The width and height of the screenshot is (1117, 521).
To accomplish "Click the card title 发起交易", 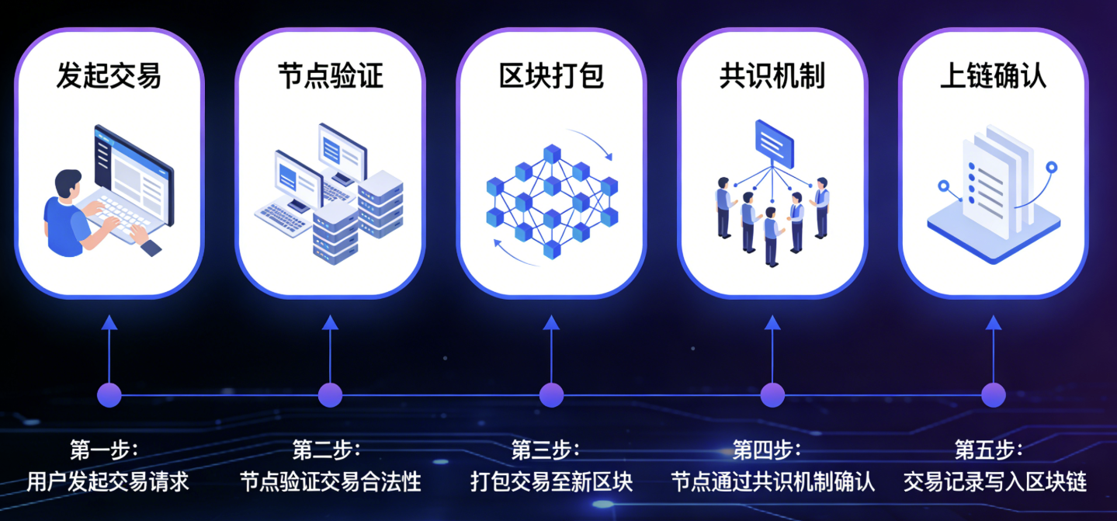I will (x=109, y=76).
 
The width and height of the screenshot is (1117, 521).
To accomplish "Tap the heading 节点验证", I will (x=330, y=76).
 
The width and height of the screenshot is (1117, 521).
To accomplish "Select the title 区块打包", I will (x=551, y=76).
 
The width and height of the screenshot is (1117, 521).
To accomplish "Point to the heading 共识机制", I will (x=772, y=76).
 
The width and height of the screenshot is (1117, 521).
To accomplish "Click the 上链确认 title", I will (x=994, y=76).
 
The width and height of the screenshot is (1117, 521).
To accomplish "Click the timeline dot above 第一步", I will (x=109, y=394).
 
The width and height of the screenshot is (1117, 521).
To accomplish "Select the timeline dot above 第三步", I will (x=551, y=394).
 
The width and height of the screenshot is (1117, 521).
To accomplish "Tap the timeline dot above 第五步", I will (x=994, y=394).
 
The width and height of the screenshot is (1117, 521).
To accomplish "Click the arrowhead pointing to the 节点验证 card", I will (x=330, y=321).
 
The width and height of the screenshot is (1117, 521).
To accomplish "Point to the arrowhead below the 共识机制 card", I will (x=772, y=321).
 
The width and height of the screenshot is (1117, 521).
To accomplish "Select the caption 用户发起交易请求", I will (x=108, y=481).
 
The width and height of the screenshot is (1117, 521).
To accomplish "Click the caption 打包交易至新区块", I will (x=551, y=481).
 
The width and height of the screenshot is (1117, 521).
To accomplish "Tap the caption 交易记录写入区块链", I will (x=994, y=481).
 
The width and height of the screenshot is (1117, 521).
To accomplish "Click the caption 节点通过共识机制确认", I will (x=772, y=481).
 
